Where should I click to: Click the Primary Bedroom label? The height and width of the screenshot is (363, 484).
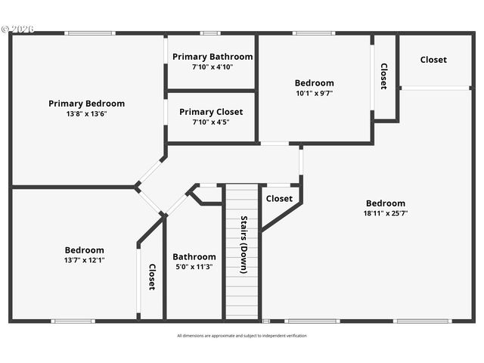(86, 104)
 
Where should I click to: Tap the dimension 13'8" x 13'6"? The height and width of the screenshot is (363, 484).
(86, 114)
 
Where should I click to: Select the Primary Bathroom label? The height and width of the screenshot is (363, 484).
(213, 57)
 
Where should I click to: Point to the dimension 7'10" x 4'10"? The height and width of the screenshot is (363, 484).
(213, 67)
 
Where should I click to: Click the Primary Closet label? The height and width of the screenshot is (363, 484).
(211, 112)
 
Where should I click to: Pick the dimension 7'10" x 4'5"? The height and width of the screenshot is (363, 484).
(211, 122)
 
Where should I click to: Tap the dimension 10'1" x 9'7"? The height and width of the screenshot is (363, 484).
(314, 94)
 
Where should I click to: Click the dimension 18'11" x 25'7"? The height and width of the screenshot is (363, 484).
(386, 213)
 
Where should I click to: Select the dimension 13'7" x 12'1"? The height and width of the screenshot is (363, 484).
(84, 260)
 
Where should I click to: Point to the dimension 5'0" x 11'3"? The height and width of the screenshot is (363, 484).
(194, 267)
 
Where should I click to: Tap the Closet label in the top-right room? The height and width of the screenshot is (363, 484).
(433, 60)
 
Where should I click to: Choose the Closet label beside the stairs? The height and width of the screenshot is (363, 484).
(279, 199)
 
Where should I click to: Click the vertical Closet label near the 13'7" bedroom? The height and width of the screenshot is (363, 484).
(151, 277)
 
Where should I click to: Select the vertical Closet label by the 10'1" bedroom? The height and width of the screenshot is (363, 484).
(384, 76)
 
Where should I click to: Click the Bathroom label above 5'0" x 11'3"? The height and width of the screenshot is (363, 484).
(194, 256)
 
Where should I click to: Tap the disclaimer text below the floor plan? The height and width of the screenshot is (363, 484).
(242, 336)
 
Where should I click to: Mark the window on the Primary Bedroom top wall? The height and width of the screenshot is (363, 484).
(89, 33)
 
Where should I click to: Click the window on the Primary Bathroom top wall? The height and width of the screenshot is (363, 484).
(210, 33)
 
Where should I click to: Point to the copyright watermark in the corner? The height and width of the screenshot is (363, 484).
(17, 29)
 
